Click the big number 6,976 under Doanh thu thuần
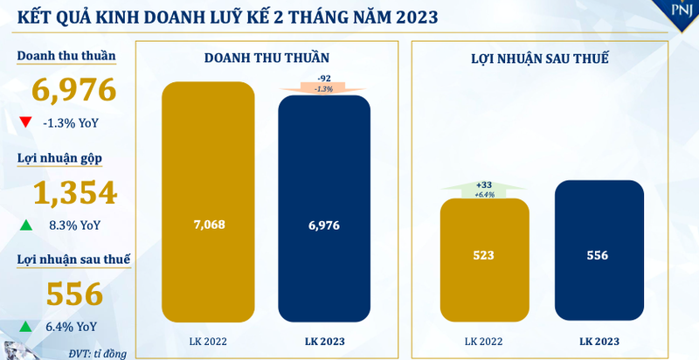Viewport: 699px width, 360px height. click(x=74, y=90)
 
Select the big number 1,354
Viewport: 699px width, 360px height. click(x=74, y=192)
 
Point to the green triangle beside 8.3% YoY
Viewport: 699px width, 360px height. click(x=26, y=225)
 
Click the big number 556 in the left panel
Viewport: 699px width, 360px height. click(x=73, y=294)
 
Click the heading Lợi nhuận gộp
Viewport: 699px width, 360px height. click(x=60, y=158)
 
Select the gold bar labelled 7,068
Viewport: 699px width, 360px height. click(x=208, y=201)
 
